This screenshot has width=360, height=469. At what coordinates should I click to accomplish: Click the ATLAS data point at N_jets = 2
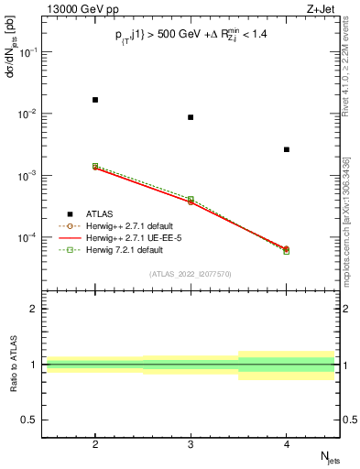[95, 99]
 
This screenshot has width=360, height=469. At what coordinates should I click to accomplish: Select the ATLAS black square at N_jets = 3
[191, 117]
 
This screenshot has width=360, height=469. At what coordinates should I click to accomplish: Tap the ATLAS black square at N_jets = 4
[286, 149]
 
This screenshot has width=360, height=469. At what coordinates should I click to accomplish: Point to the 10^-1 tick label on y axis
[29, 52]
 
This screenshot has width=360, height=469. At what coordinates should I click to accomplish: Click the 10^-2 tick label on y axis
[29, 114]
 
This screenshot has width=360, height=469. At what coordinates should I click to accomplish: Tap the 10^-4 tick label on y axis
[29, 237]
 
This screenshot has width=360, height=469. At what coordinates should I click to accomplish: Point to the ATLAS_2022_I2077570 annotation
[191, 274]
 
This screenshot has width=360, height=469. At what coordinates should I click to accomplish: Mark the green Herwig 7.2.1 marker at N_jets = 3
[191, 199]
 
